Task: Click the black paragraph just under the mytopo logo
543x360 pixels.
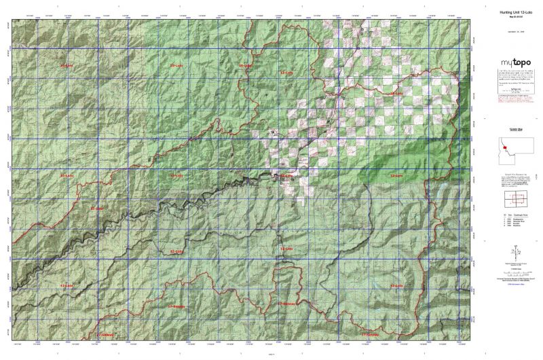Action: click(x=508, y=74)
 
